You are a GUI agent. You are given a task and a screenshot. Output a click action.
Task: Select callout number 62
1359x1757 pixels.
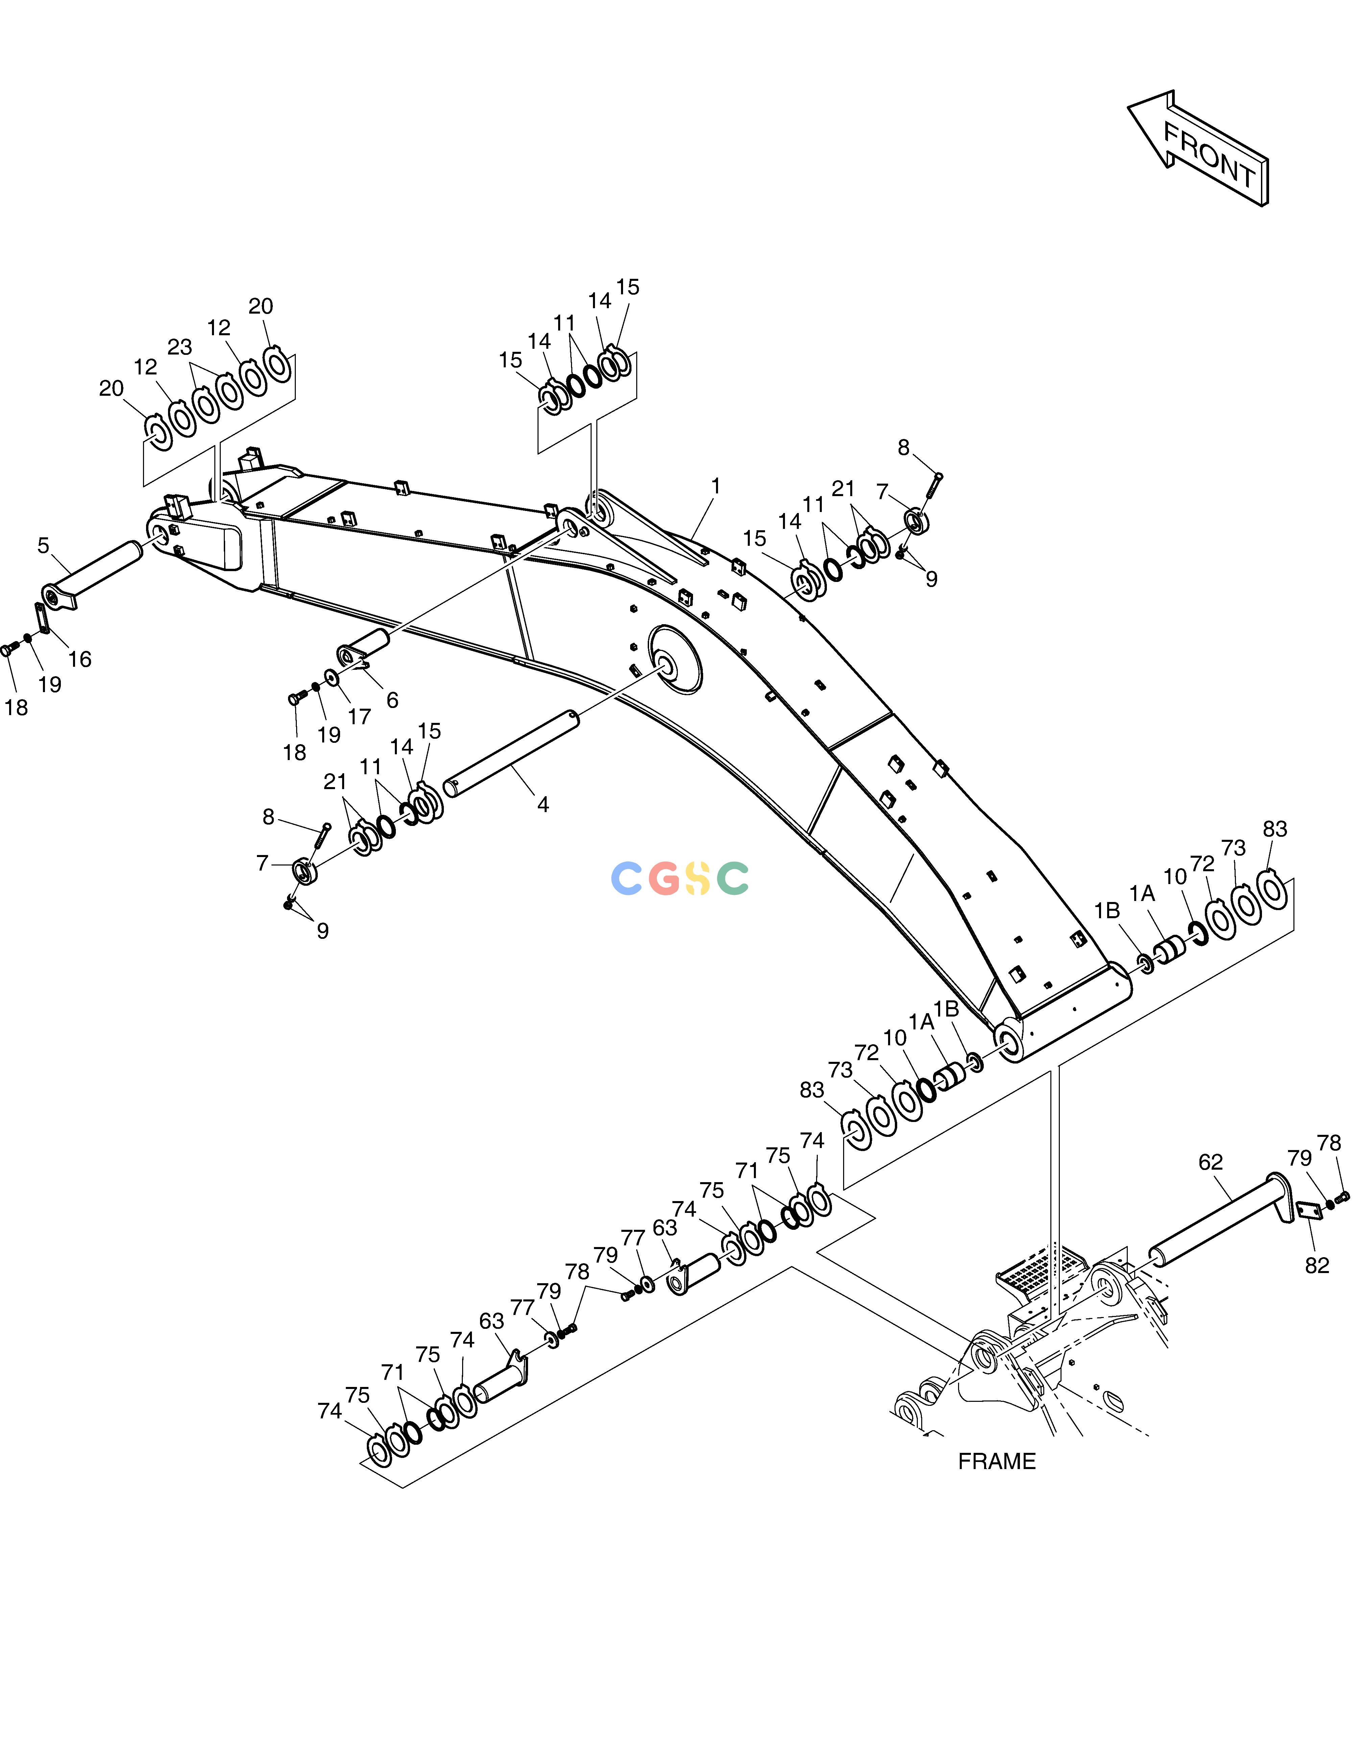pyautogui.click(x=1210, y=1163)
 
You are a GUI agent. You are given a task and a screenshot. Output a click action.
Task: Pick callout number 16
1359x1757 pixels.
pyautogui.click(x=80, y=660)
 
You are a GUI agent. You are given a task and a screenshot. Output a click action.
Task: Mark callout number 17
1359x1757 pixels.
pyautogui.click(x=359, y=716)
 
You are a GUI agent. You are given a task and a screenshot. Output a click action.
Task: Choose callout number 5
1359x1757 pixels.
pyautogui.click(x=44, y=545)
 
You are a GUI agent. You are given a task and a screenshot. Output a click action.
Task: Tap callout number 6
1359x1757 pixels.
pyautogui.click(x=392, y=700)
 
